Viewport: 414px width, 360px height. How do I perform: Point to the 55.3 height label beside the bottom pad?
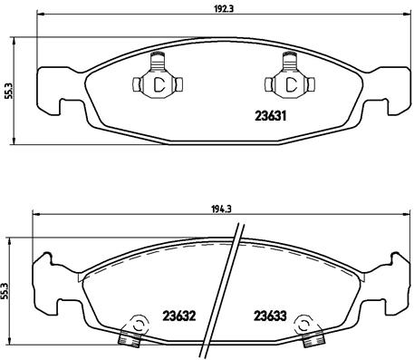click(x=8, y=283)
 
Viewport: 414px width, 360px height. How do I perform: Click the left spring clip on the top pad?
click(x=158, y=82)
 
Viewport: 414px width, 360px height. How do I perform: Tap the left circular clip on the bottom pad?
click(x=136, y=327)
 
